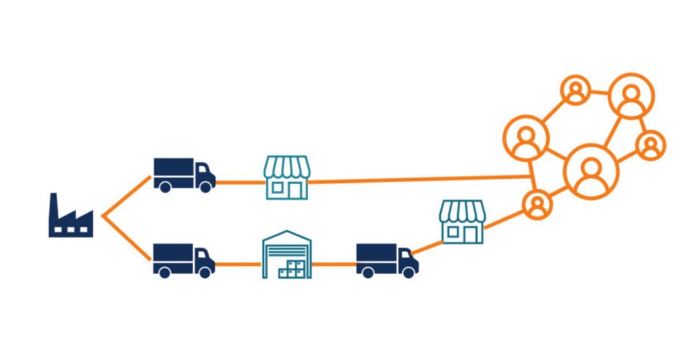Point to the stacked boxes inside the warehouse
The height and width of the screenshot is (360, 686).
pyautogui.click(x=295, y=269)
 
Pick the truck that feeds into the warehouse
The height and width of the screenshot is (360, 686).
pyautogui.click(x=184, y=261)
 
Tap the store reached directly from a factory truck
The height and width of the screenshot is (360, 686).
pyautogui.click(x=286, y=177)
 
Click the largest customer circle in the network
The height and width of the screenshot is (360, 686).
pyautogui.click(x=591, y=171)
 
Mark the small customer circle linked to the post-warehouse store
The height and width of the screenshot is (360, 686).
pyautogui.click(x=537, y=205)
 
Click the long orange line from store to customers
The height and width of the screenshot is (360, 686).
pyautogui.click(x=417, y=179)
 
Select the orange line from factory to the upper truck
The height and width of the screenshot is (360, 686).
pyautogui.click(x=126, y=197)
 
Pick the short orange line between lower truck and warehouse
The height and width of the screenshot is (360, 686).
pyautogui.click(x=238, y=264)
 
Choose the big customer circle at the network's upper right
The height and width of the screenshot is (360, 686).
pyautogui.click(x=631, y=97)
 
